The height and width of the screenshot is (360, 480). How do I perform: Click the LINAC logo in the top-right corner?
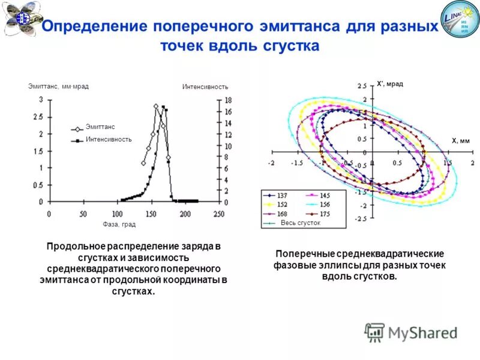click(x=460, y=19)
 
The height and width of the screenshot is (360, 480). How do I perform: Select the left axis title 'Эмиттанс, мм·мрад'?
click(x=58, y=86)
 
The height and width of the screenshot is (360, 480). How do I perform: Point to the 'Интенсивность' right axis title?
click(x=205, y=86)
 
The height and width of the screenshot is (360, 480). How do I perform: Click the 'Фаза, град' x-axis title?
click(x=119, y=224)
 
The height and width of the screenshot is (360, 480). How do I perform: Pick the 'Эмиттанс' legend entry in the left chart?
click(x=100, y=127)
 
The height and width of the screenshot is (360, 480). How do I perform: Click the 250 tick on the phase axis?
click(x=219, y=214)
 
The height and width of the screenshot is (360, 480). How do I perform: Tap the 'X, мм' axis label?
click(x=460, y=141)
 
